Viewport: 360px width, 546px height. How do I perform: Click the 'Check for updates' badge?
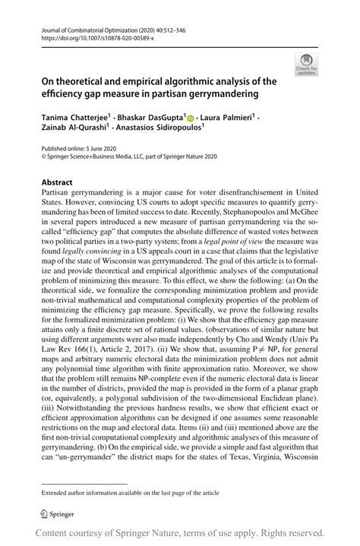coord(309,65)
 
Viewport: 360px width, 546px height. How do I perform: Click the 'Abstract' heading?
coord(57,182)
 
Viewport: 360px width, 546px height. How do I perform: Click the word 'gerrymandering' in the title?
coord(221,94)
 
